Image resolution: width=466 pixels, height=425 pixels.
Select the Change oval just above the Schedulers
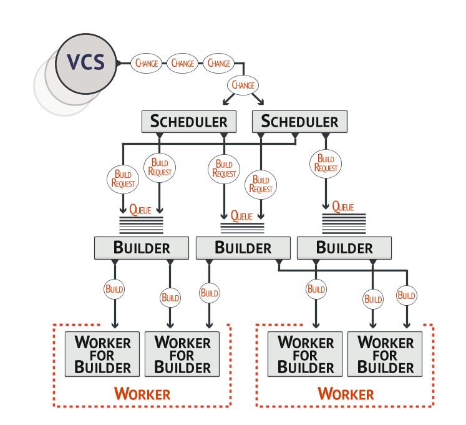click(x=244, y=85)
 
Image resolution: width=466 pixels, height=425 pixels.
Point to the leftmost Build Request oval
click(x=123, y=178)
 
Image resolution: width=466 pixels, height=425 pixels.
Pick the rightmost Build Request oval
click(x=326, y=163)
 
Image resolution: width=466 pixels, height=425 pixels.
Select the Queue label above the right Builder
click(x=343, y=206)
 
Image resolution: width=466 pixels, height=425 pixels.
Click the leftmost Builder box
click(x=141, y=247)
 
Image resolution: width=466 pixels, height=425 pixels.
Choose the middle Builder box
click(x=243, y=247)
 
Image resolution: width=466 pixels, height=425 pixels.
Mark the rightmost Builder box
click(x=344, y=247)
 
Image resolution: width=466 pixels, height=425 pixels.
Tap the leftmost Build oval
click(x=114, y=290)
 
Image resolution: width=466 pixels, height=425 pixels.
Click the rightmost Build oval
click(x=406, y=295)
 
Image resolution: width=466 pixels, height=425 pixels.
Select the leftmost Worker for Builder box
click(x=103, y=354)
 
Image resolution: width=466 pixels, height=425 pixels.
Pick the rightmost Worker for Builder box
click(x=386, y=354)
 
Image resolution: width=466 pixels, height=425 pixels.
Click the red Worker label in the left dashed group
click(x=142, y=394)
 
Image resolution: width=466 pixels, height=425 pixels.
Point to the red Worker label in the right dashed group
click(x=346, y=394)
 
